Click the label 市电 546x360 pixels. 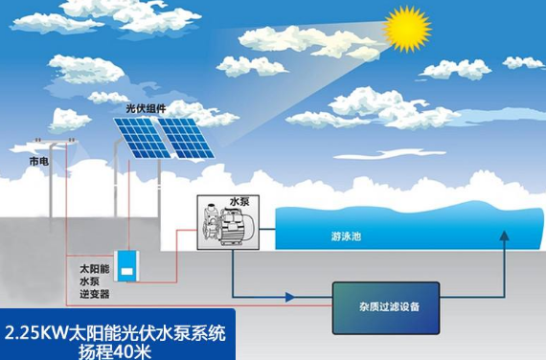click(x=38, y=162)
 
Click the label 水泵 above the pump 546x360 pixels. click(x=239, y=203)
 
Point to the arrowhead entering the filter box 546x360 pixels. click(x=325, y=298)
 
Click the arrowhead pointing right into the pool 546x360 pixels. click(x=270, y=230)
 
